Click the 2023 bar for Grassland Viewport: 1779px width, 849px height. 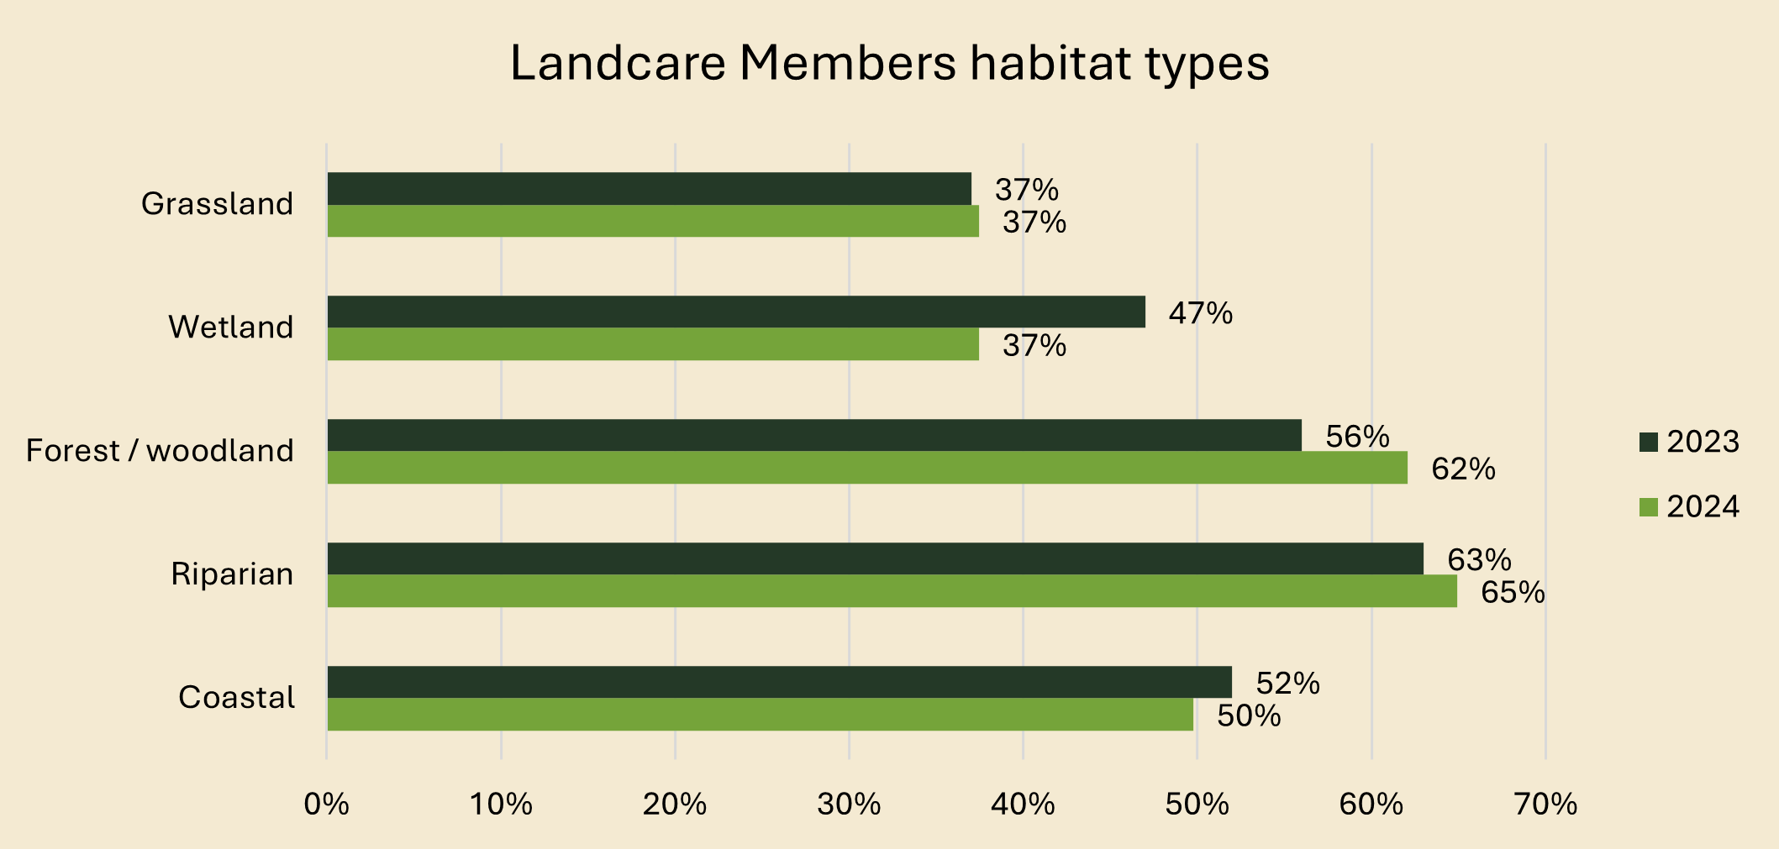coord(649,189)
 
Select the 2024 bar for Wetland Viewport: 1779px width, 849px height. coord(653,344)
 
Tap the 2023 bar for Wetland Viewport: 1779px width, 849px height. coord(736,312)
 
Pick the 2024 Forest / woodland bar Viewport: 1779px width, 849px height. coord(867,468)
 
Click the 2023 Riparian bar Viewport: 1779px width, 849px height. coord(875,558)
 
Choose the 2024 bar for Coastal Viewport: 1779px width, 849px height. coord(760,715)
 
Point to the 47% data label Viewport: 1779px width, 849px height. coord(1200,313)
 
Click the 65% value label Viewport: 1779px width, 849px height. coord(1512,593)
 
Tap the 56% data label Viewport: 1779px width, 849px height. coord(1356,437)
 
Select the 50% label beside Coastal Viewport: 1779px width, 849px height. coord(1249,716)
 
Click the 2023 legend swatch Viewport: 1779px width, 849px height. coord(1648,443)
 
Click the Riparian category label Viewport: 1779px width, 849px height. coord(232,574)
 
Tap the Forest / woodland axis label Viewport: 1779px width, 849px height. coord(160,451)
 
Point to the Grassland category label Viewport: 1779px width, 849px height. coord(217,204)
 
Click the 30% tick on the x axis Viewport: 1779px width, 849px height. coord(849,805)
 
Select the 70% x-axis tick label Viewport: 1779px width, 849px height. coord(1545,805)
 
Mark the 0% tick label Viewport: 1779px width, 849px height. coord(326,805)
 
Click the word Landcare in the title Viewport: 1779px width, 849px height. coord(618,63)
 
